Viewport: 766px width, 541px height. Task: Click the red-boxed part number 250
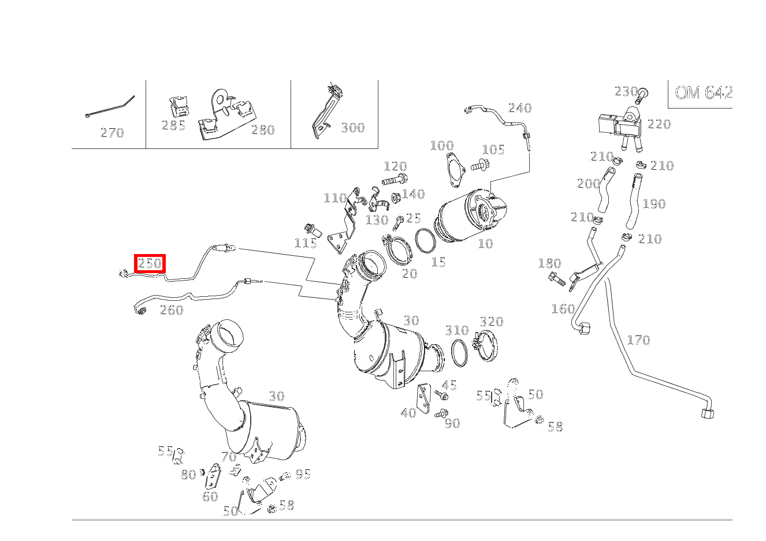tap(150, 263)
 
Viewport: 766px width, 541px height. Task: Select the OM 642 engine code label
tap(704, 92)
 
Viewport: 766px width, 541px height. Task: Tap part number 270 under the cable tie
tap(112, 133)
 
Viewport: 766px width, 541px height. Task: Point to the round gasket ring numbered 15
tap(425, 241)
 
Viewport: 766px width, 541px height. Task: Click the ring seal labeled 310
tap(460, 353)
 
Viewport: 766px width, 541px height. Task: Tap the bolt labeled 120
tap(395, 180)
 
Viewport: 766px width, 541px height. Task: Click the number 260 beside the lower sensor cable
tap(172, 310)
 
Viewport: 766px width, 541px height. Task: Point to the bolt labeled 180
tap(556, 278)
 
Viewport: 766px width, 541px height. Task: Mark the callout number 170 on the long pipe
tap(638, 340)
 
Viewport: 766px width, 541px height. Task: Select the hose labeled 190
tap(634, 201)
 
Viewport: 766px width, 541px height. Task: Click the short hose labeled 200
tap(607, 189)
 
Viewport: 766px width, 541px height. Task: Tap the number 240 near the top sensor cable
tap(520, 108)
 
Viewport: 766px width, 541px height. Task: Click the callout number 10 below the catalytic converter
tap(486, 244)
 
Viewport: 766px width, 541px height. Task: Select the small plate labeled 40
tap(423, 399)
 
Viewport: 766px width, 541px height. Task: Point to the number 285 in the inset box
tap(173, 125)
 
